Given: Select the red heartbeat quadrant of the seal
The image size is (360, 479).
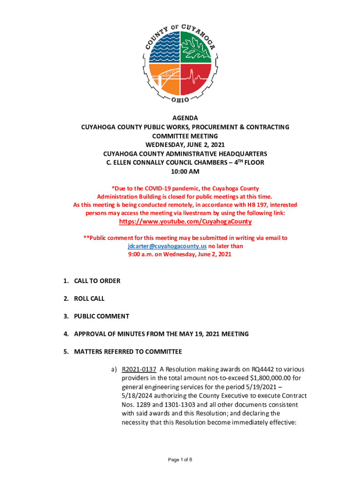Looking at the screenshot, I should (196, 79).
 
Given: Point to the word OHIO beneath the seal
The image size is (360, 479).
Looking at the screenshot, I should (180, 100).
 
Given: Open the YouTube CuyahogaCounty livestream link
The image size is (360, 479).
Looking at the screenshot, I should (186, 221).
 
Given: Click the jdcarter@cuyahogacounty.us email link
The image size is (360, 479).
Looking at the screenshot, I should (167, 246).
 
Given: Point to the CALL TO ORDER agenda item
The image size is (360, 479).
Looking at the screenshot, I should (97, 281).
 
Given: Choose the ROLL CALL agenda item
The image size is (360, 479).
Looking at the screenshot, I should (89, 298).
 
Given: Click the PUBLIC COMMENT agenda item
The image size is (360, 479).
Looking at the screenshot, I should (101, 316).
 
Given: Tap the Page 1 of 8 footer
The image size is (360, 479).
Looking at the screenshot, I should (180, 460).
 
